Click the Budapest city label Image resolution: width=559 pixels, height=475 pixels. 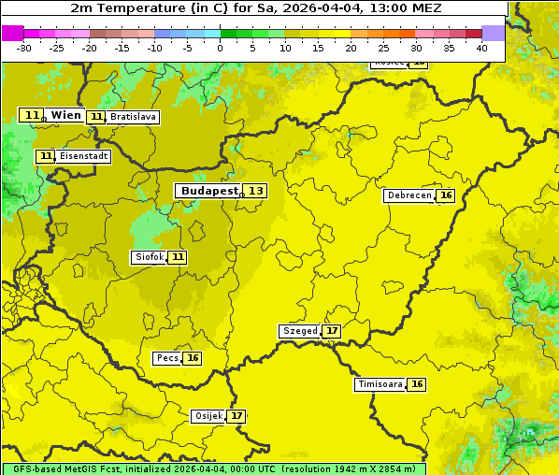pyautogui.click(x=208, y=191)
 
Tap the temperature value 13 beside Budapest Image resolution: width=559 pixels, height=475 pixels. pyautogui.click(x=255, y=191)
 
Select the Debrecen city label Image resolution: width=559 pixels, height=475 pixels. pyautogui.click(x=408, y=195)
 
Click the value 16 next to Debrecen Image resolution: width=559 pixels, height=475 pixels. pyautogui.click(x=446, y=195)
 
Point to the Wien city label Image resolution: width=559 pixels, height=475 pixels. pyautogui.click(x=66, y=115)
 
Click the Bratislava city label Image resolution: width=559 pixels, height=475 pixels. pyautogui.click(x=132, y=117)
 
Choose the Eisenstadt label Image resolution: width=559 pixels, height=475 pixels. pyautogui.click(x=84, y=156)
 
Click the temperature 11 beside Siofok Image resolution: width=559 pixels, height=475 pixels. pyautogui.click(x=178, y=257)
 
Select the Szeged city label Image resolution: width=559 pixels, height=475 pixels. pyautogui.click(x=299, y=331)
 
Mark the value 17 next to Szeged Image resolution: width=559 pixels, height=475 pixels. pyautogui.click(x=332, y=331)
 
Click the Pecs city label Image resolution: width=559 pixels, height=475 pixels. pyautogui.click(x=167, y=358)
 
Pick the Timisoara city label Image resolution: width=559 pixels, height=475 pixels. pyautogui.click(x=380, y=384)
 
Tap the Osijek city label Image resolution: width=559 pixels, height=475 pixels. pyautogui.click(x=208, y=416)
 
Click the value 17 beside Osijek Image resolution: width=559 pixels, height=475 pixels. pyautogui.click(x=237, y=416)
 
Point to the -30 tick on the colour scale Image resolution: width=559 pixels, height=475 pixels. pyautogui.click(x=24, y=47)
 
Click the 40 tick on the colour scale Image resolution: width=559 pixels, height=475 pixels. pyautogui.click(x=481, y=47)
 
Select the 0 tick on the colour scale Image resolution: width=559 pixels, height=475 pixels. pyautogui.click(x=221, y=47)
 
